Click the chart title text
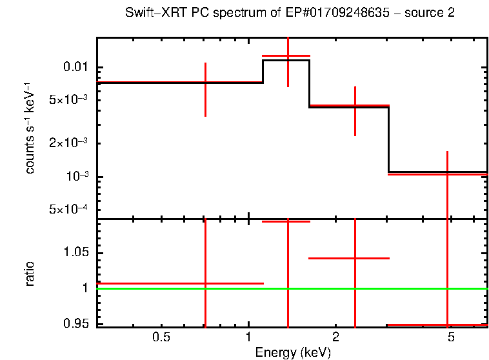click(x=290, y=14)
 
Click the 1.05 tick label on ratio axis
click(x=76, y=252)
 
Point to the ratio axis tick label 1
click(x=85, y=288)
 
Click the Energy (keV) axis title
click(x=293, y=352)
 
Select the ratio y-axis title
click(x=30, y=274)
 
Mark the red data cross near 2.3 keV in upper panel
click(x=355, y=105)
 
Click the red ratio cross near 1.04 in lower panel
click(x=355, y=258)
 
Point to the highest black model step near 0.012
click(x=286, y=60)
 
